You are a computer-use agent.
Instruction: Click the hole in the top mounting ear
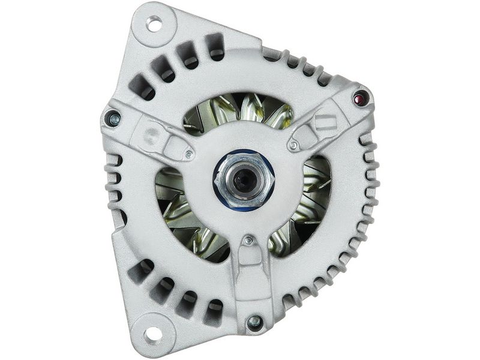(x=154, y=24)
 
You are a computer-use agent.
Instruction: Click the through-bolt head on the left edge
(x=112, y=119)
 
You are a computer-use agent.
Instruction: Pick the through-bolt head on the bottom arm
(x=254, y=322)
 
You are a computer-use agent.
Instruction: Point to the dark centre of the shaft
(x=244, y=181)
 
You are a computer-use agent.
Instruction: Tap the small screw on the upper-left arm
(x=189, y=154)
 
